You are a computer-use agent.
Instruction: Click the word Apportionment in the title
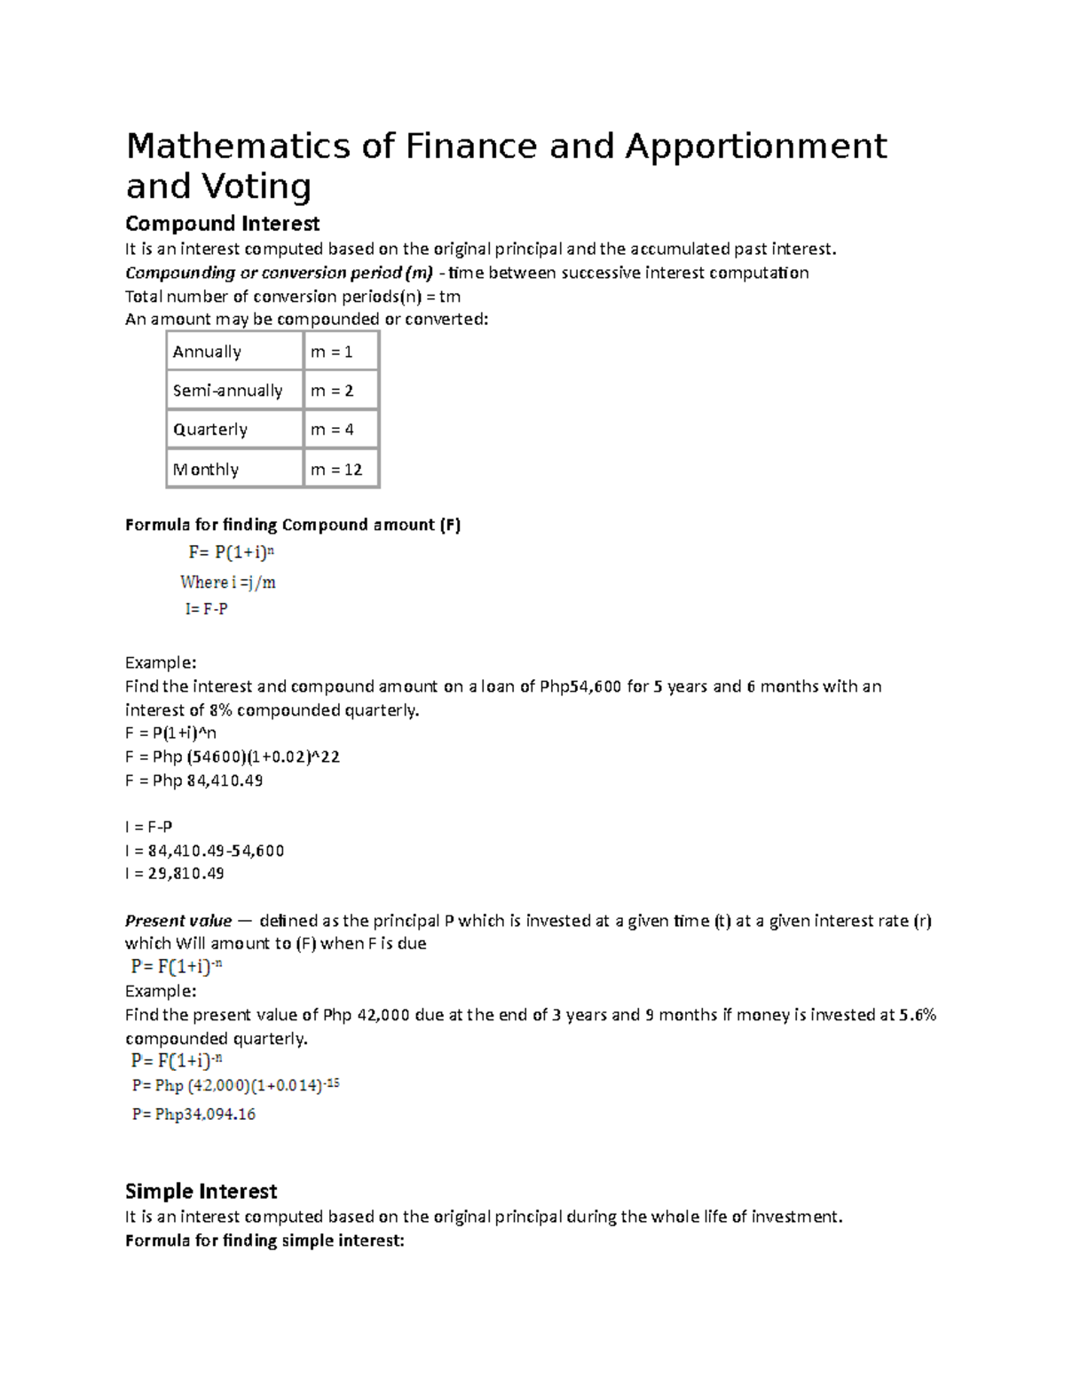755,147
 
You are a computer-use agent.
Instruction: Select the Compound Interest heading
222,224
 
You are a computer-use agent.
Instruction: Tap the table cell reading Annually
207,352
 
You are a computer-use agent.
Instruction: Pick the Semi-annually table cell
227,391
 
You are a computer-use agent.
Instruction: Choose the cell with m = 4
332,430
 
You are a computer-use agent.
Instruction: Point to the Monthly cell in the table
206,470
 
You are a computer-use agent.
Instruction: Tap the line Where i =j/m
228,583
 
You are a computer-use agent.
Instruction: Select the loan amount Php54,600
580,686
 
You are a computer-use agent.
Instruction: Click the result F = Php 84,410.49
194,781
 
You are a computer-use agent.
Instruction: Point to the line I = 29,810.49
175,874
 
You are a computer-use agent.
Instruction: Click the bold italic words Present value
178,921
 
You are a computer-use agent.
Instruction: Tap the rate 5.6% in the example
918,1015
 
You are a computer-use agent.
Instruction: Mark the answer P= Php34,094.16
193,1114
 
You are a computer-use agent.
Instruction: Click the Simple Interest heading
201,1192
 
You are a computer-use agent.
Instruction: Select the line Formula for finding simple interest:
264,1240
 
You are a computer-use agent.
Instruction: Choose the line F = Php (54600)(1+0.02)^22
233,757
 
